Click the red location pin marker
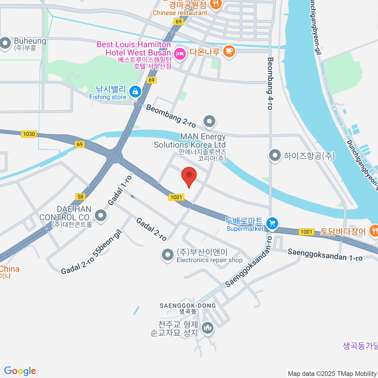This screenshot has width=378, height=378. coord(189,175)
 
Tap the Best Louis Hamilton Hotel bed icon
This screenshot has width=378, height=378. coord(180,54)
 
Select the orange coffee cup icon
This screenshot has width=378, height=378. coord(229,51)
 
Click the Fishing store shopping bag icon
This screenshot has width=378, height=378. coord(135,92)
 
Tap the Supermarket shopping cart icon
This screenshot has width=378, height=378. coord(272,223)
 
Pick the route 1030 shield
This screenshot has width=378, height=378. coord(29,134)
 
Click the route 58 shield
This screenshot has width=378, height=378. coord(80,197)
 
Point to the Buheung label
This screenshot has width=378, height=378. coord(30,41)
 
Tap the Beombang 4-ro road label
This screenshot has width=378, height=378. coord(270,83)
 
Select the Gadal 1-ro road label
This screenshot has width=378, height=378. coord(120,190)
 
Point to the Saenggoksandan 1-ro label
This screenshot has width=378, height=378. coord(325,255)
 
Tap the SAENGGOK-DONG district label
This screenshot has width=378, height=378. coord(188,306)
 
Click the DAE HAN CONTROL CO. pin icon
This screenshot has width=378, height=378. coord(101,216)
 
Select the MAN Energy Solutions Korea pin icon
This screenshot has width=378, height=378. coord(209,121)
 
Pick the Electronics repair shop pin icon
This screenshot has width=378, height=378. coord(167,255)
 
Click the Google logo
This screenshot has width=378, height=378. coord(20,371)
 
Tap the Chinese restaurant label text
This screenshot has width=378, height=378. coord(180,13)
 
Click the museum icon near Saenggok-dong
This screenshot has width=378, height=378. coord(207,328)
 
